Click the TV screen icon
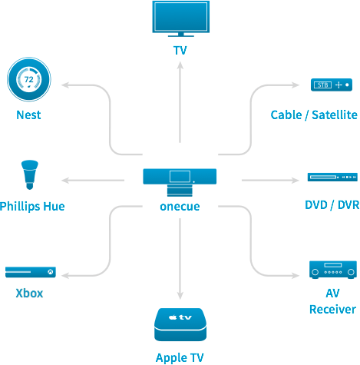(x=180, y=18)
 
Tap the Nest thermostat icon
(x=29, y=79)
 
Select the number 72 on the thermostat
(x=29, y=79)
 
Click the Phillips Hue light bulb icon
(x=30, y=174)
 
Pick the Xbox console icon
(x=31, y=272)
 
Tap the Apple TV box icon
(x=180, y=324)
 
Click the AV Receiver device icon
(x=333, y=270)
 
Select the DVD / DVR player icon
(x=332, y=177)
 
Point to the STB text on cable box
(x=322, y=85)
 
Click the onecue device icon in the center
(x=180, y=182)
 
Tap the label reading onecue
(x=180, y=207)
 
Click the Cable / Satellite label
(x=314, y=114)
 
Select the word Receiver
(x=332, y=310)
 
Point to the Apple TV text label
(x=180, y=357)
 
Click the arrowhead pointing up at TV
(x=180, y=65)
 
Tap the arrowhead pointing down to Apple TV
(x=180, y=296)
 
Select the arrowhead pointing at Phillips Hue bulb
(x=65, y=181)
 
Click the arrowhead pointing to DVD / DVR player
(x=296, y=181)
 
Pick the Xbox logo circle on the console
(x=51, y=272)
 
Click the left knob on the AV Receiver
(x=315, y=272)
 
